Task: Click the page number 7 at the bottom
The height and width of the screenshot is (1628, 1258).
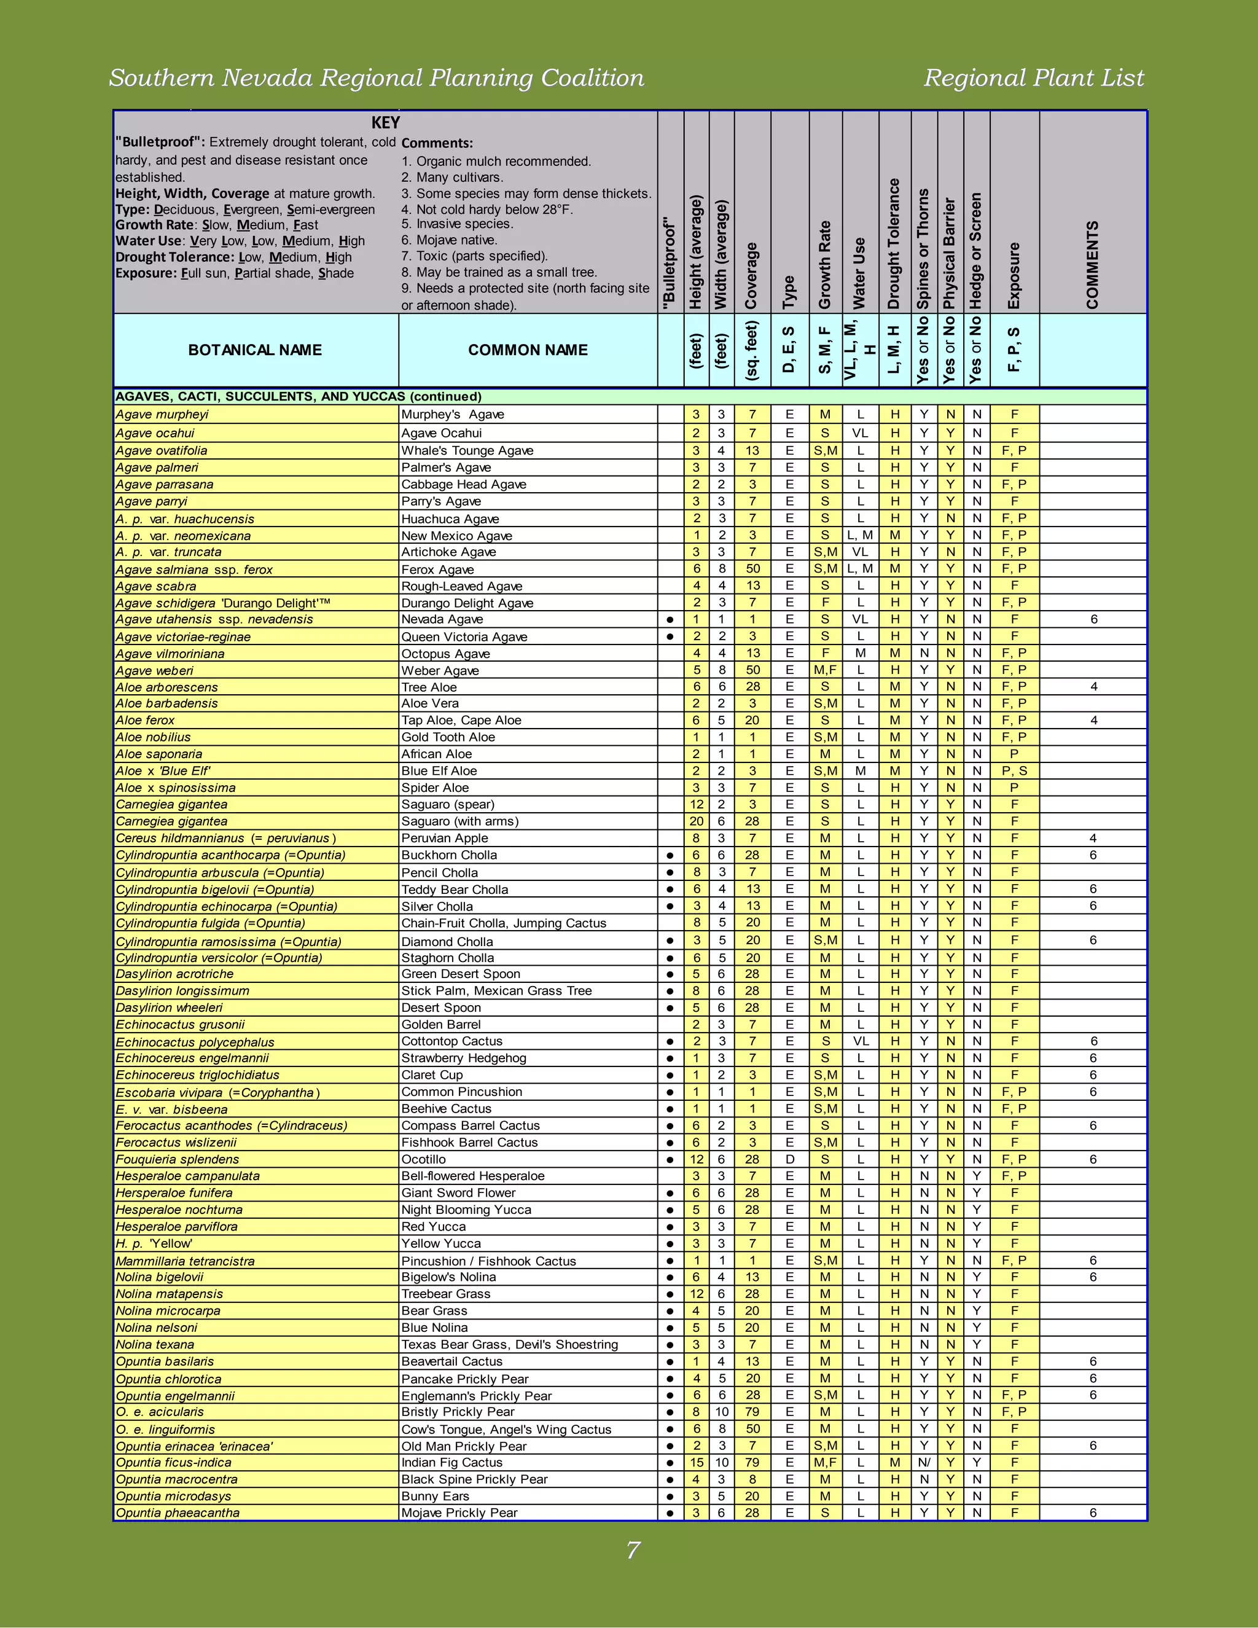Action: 633,1550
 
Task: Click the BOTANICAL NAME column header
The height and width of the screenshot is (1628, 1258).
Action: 255,350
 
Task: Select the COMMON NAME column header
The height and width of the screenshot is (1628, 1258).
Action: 528,350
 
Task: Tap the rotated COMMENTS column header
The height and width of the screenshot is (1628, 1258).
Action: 1093,265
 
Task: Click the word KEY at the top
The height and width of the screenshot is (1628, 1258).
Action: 385,123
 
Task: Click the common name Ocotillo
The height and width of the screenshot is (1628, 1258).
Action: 423,1159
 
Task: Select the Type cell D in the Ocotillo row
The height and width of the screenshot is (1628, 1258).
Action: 789,1159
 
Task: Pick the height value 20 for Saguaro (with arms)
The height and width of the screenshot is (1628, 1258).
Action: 696,821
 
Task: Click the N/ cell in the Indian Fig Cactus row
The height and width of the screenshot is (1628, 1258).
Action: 924,1463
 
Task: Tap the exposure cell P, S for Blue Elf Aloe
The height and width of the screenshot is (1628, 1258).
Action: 1014,771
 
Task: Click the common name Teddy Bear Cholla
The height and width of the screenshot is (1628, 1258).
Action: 455,890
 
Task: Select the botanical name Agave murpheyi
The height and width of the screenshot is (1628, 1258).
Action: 162,415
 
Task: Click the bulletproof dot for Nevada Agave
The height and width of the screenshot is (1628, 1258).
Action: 670,619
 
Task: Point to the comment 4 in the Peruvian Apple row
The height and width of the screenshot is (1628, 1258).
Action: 1093,838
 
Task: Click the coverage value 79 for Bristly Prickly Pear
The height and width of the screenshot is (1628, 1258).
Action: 752,1412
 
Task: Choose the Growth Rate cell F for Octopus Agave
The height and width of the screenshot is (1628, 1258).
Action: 825,653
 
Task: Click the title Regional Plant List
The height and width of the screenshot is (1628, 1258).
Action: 1033,77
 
